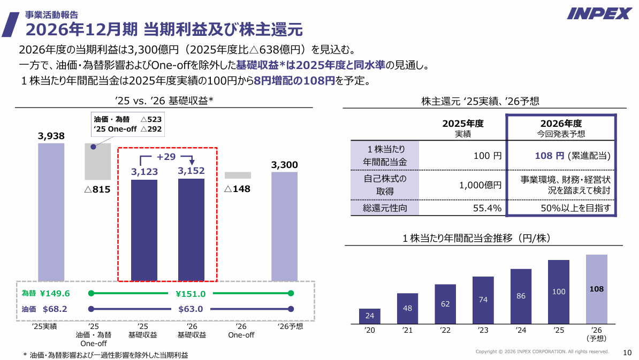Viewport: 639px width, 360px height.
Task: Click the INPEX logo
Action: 599,13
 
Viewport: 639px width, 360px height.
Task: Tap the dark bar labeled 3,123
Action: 144,230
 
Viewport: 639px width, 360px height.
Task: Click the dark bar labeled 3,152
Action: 191,229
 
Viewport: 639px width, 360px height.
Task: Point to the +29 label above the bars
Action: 166,157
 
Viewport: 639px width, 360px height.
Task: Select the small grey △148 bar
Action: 238,175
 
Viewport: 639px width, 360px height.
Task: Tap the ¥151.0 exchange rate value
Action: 191,294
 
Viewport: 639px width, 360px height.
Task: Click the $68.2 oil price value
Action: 55,309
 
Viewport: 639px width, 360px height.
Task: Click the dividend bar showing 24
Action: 370,316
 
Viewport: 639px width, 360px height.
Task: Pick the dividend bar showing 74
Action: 483,300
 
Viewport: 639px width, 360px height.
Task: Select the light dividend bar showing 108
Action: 597,289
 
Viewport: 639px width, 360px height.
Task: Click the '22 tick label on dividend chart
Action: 445,331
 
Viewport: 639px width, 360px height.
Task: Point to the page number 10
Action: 628,352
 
